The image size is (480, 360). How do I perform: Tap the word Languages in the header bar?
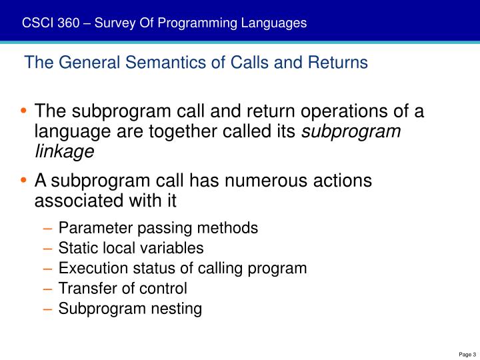(275, 23)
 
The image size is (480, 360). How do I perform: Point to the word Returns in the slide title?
(343, 63)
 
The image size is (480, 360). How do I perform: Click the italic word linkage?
(64, 151)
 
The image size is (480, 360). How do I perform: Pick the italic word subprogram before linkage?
(351, 131)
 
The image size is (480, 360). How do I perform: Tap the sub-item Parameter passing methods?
(158, 228)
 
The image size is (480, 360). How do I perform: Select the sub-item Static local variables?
(131, 248)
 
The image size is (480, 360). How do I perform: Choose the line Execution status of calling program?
(183, 269)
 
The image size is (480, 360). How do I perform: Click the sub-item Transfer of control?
(123, 289)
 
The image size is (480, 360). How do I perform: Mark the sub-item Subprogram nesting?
(130, 309)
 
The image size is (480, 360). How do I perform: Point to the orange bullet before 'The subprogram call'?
(25, 111)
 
